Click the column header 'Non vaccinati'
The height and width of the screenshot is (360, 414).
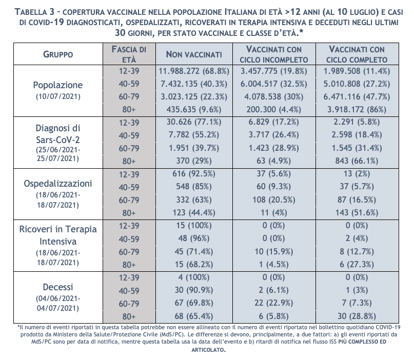[194, 54]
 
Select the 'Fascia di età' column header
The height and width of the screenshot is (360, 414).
[129, 54]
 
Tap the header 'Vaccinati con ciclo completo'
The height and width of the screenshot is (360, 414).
[357, 54]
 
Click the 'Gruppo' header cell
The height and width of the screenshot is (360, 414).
[58, 54]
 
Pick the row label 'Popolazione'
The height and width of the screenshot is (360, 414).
[58, 85]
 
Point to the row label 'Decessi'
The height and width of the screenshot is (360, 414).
[58, 287]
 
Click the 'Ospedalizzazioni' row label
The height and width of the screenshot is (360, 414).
[58, 184]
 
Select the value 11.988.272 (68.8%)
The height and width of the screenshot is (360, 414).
[194, 71]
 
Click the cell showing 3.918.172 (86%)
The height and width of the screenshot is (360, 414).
[357, 109]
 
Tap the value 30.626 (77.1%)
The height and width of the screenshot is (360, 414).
[194, 122]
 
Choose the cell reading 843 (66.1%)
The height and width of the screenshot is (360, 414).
[357, 161]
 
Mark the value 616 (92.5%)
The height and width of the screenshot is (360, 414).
[194, 174]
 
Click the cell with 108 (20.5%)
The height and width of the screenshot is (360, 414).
[274, 199]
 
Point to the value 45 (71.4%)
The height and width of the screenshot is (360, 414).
[194, 251]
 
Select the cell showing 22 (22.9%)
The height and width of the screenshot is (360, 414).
[274, 303]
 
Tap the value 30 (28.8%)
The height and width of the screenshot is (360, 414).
[357, 316]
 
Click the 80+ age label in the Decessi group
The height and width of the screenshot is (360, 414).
[129, 316]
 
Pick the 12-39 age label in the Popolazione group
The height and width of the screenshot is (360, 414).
[129, 71]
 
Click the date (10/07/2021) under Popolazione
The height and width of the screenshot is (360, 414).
[58, 96]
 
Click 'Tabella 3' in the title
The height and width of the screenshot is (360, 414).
[35, 12]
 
